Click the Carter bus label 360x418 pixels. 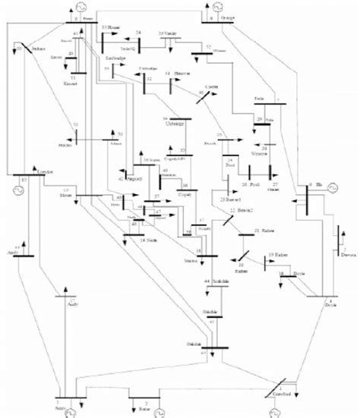pyautogui.click(x=213, y=88)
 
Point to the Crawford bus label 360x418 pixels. pyautogui.click(x=282, y=395)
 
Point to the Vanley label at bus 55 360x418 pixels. pyautogui.click(x=167, y=34)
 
